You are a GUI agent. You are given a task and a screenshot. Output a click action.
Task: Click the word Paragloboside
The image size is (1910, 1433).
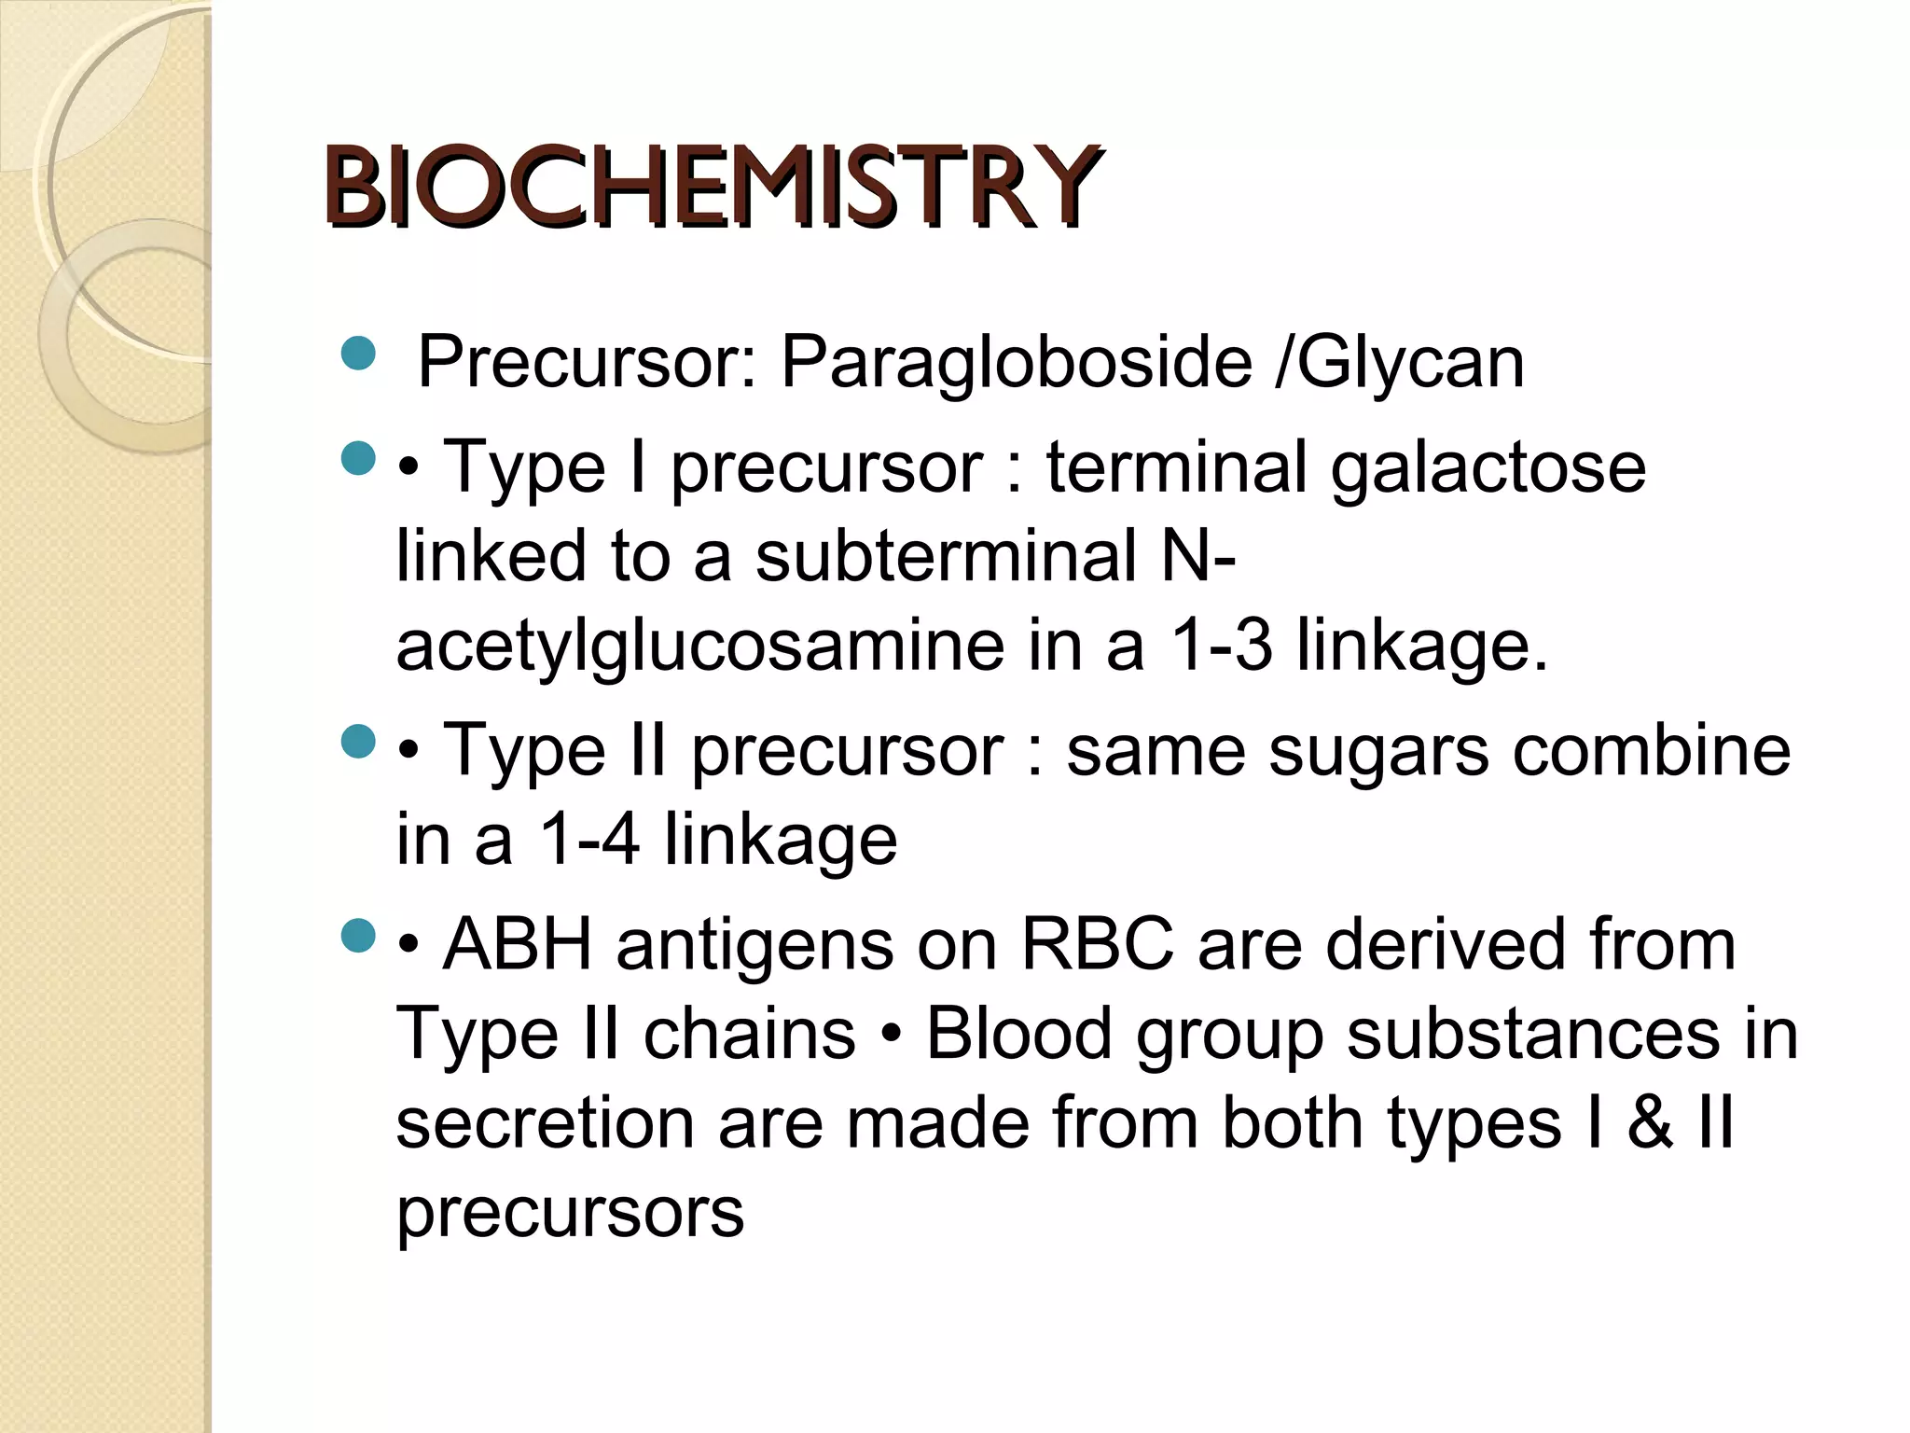pyautogui.click(x=1016, y=362)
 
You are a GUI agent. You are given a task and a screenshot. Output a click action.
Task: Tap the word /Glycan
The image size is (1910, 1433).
pyautogui.click(x=1400, y=362)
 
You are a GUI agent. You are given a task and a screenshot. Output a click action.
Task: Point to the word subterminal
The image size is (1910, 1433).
pyautogui.click(x=947, y=556)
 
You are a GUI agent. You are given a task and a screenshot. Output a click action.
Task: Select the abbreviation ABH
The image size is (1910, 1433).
pyautogui.click(x=518, y=944)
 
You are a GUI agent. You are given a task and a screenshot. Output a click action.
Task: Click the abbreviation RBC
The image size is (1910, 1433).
pyautogui.click(x=1098, y=944)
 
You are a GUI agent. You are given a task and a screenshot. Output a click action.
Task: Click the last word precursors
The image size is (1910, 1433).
pyautogui.click(x=570, y=1212)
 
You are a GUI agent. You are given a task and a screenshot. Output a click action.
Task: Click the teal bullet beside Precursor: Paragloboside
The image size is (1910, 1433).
pyautogui.click(x=358, y=355)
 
